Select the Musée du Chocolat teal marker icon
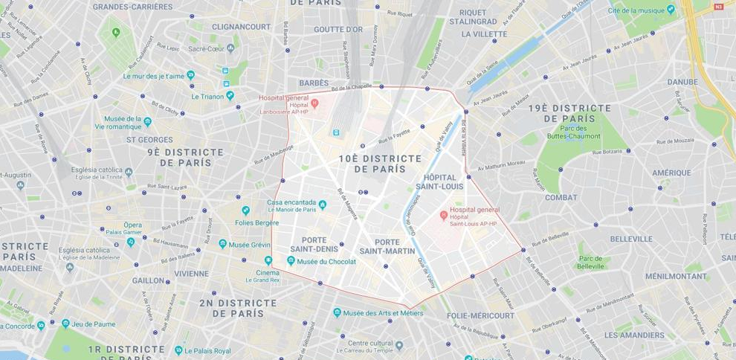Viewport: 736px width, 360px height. pos(291,261)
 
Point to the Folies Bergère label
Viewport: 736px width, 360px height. pos(256,222)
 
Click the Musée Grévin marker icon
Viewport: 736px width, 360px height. pos(222,244)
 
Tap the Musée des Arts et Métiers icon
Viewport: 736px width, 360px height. pos(337,313)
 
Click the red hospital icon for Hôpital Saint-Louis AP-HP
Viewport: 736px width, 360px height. pos(444,216)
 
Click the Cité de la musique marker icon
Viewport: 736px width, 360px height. pos(671,10)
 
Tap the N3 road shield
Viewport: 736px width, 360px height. pos(718,7)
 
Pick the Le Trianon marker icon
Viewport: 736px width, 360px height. pos(230,95)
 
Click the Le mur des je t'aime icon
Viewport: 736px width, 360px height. pos(190,75)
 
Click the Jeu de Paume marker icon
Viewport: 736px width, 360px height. pos(65,324)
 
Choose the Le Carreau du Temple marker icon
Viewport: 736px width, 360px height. pos(399,345)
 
